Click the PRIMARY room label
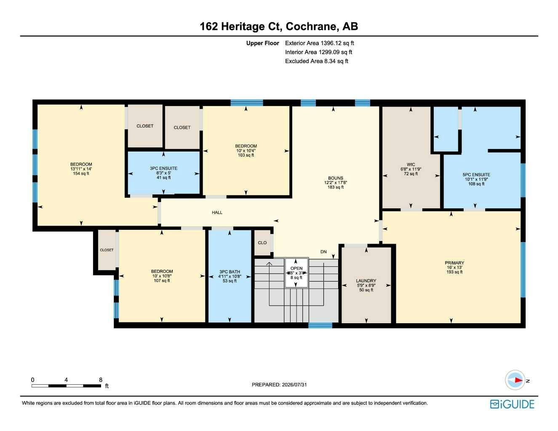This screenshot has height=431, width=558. (x=454, y=263)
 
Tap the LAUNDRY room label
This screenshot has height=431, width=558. (x=366, y=281)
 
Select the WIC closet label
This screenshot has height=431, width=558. (x=411, y=165)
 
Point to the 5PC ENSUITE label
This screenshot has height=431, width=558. (x=476, y=175)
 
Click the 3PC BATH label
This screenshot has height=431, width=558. (x=230, y=271)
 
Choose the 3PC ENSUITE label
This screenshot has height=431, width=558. (x=163, y=168)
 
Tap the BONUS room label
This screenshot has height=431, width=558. (x=335, y=178)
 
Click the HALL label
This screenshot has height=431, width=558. (x=217, y=213)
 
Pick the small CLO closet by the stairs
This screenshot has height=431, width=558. (x=262, y=243)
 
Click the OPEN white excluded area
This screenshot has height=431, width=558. (x=296, y=273)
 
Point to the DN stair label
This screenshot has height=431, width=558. (x=323, y=252)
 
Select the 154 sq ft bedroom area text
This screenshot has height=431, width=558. (x=81, y=173)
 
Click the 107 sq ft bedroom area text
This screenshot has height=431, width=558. (x=162, y=281)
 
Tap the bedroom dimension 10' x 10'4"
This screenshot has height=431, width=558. (x=246, y=151)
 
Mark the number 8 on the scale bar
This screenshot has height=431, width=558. (x=101, y=380)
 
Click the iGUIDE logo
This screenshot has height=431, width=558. (x=512, y=404)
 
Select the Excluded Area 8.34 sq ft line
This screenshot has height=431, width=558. (x=317, y=61)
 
